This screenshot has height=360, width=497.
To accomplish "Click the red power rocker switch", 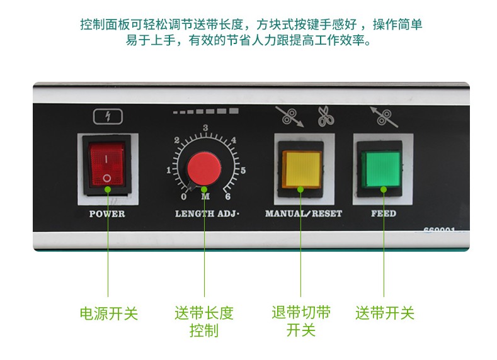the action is (x=107, y=164).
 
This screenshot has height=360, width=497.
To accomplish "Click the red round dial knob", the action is (x=204, y=169).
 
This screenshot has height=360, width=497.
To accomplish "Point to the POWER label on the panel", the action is (x=107, y=214).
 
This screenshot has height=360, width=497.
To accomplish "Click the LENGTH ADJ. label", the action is (x=207, y=214).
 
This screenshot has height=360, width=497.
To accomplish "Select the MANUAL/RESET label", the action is (x=304, y=214).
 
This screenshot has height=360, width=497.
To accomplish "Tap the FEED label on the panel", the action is (x=384, y=213).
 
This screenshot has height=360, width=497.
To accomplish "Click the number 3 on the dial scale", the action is (x=205, y=128).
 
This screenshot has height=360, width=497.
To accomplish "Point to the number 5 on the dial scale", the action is (x=243, y=171).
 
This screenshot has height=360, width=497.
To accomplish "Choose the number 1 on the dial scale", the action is (x=169, y=171).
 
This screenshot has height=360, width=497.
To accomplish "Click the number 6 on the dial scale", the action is (x=227, y=196).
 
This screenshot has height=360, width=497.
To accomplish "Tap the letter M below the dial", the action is (x=205, y=196).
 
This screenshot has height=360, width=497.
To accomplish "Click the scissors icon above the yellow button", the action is (x=326, y=116).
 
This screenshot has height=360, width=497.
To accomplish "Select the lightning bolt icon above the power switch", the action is (x=108, y=116).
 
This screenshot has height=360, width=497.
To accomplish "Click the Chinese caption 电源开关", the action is (x=109, y=313).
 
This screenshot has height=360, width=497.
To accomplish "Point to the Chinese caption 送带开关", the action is (x=385, y=313).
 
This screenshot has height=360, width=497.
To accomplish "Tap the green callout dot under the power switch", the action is (x=108, y=189).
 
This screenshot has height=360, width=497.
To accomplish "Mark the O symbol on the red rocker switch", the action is (x=107, y=178).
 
